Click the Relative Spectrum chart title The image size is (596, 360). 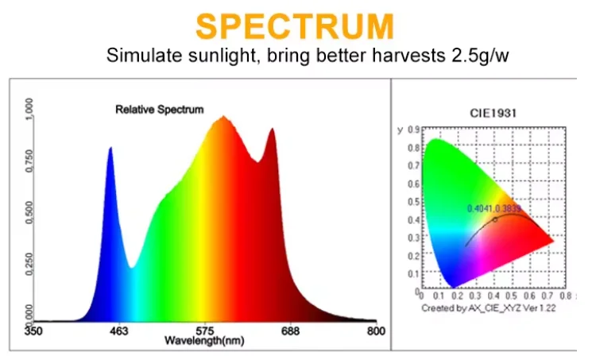click(159, 110)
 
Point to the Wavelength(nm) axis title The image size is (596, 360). click(204, 341)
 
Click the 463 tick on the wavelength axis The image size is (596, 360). click(118, 331)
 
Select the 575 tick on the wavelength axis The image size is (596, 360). click(205, 331)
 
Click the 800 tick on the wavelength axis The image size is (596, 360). click(377, 331)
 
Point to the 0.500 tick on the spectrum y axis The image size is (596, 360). click(29, 213)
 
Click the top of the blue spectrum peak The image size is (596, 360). click(110, 148)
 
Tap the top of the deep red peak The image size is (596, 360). click(272, 130)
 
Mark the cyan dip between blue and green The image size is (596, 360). click(132, 267)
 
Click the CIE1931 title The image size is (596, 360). click(493, 113)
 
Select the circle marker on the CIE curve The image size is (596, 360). click(495, 219)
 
